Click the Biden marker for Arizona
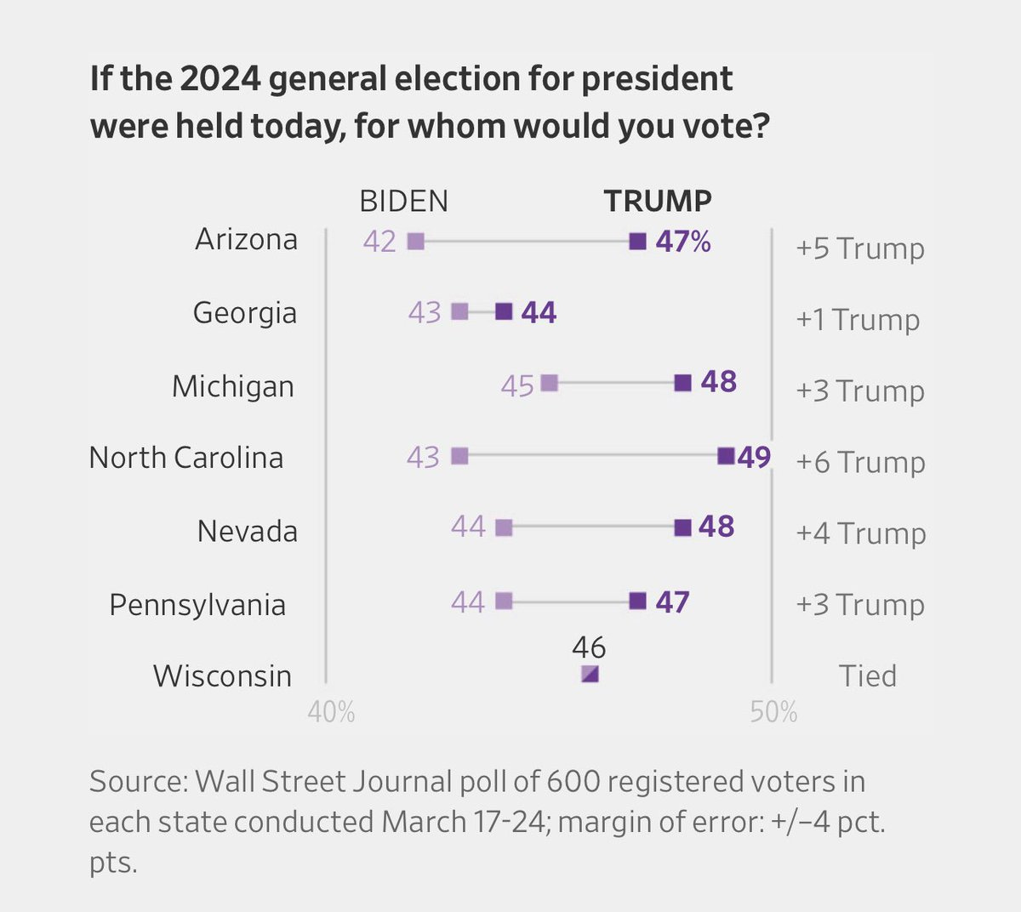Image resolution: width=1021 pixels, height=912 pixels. tap(415, 242)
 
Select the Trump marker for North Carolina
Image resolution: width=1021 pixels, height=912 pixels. tap(726, 456)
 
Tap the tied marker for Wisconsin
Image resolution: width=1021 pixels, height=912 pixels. tap(590, 674)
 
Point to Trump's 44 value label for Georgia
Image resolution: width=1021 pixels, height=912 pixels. tap(539, 313)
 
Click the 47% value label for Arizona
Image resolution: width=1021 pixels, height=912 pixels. tap(682, 242)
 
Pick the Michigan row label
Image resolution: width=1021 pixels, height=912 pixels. tap(233, 386)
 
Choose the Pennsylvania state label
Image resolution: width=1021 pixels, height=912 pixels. tap(197, 605)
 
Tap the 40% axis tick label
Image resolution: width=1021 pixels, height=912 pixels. tap(331, 711)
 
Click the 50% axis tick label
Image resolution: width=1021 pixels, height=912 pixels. tap(773, 711)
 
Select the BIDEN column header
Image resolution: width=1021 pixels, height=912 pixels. tap(403, 201)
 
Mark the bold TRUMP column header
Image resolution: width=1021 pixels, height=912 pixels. tap(658, 201)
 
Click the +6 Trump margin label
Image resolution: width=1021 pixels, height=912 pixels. tap(860, 462)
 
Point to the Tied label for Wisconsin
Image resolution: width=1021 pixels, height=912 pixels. tap(868, 675)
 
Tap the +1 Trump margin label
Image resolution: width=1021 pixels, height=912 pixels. tap(858, 320)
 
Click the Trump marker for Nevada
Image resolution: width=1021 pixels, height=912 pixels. tap(682, 527)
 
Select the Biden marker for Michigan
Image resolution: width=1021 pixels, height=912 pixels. tap(550, 384)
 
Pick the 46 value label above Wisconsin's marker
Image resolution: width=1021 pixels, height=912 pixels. tap(589, 648)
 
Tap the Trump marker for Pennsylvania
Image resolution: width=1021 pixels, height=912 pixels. tap(637, 601)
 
